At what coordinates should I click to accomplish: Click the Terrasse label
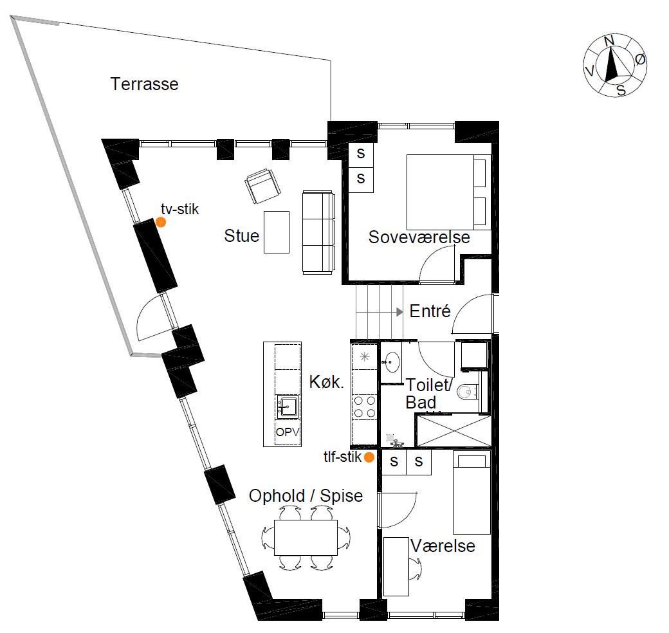tap(144, 84)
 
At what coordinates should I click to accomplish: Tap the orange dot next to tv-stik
tap(161, 222)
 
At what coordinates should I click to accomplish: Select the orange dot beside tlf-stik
tap(369, 457)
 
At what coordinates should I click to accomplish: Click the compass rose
tap(615, 65)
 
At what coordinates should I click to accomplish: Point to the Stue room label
tap(241, 236)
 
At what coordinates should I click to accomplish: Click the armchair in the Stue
tap(262, 187)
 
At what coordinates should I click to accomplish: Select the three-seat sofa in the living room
tap(318, 232)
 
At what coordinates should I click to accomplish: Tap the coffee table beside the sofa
tap(277, 232)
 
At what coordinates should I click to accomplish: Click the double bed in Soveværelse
tap(446, 192)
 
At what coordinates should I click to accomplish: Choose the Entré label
tap(430, 311)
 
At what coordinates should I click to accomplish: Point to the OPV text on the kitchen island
tap(287, 432)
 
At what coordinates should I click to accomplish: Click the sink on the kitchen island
tap(287, 406)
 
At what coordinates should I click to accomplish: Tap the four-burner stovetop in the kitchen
tap(365, 407)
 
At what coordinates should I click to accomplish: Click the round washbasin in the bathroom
tap(391, 363)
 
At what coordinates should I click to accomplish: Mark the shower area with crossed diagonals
tap(454, 430)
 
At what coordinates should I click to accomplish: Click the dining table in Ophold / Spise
tap(306, 537)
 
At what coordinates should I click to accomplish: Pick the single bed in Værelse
tap(472, 494)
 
